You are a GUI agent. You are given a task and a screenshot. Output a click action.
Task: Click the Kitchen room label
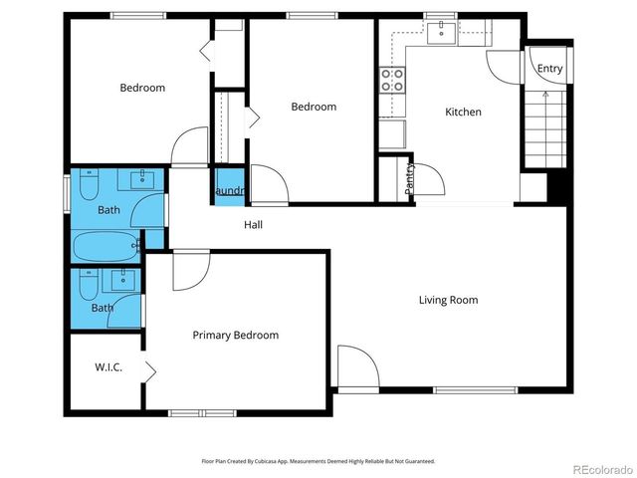[x=463, y=113]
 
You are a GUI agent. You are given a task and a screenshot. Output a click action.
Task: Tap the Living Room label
[x=448, y=300]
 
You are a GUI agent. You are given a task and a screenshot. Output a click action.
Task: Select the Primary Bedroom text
[x=235, y=336]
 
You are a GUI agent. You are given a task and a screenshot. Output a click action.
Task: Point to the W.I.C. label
[x=108, y=367]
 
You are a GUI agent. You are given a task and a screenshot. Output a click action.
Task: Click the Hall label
[x=254, y=225]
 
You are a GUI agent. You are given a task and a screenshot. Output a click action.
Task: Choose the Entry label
[x=549, y=69]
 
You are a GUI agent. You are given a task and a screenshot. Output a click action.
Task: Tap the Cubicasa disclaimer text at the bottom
[x=318, y=461]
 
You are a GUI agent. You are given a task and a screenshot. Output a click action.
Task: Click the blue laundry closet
[x=228, y=190]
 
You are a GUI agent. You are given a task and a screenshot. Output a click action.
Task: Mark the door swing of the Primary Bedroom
[x=191, y=270]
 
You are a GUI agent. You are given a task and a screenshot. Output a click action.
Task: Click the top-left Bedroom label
[x=142, y=88]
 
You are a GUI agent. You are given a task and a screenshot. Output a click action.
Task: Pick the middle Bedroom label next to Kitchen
[x=314, y=107]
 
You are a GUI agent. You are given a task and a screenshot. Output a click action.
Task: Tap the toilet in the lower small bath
[x=89, y=288]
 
